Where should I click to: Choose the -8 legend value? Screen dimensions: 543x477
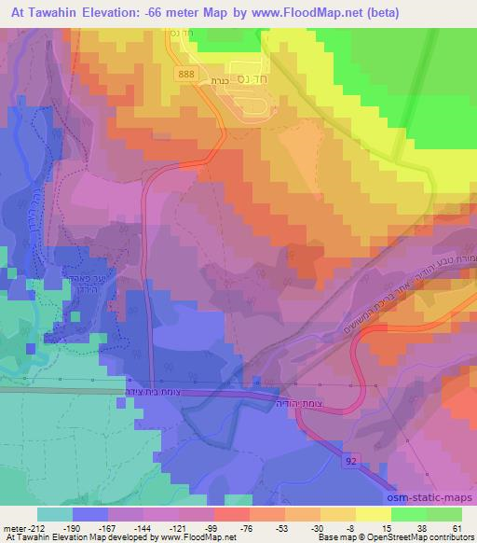pos(375,527)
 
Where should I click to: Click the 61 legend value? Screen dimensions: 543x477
pos(456,527)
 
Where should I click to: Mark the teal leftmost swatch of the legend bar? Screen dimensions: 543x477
pos(56,514)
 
